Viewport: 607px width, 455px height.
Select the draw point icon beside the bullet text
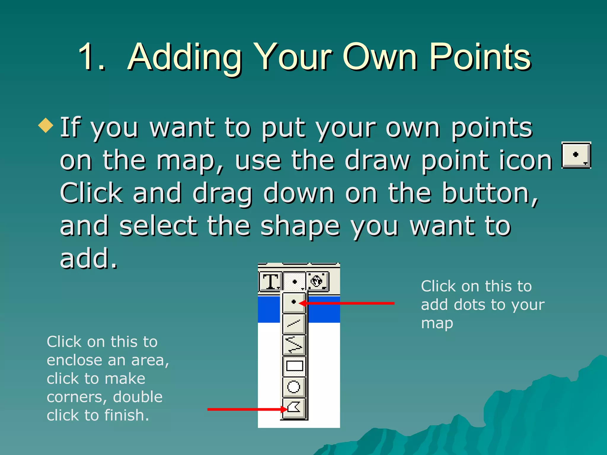coord(576,155)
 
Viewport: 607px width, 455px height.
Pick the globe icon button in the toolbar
coord(317,281)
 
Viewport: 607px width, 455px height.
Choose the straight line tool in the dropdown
coord(294,323)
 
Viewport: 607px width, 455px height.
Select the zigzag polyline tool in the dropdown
coord(294,345)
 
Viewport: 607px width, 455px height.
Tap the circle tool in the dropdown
coord(294,387)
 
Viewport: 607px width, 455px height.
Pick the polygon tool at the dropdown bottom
coord(294,408)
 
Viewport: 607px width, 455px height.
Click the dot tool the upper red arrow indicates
coord(293,302)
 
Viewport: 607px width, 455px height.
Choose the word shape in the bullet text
coord(300,227)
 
